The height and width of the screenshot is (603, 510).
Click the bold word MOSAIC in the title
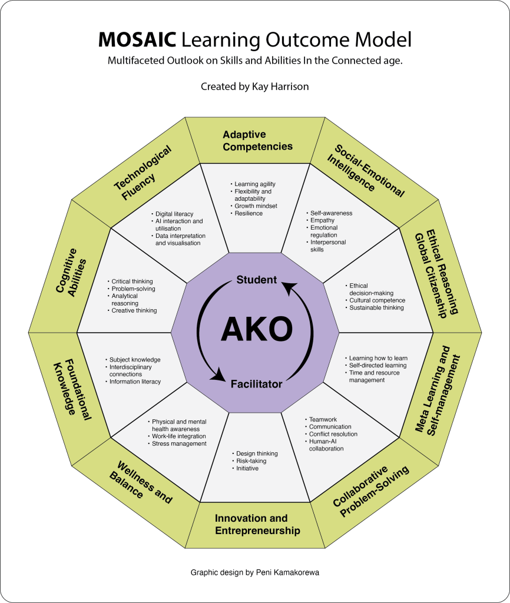[137, 39]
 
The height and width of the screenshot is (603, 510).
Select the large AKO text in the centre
[256, 329]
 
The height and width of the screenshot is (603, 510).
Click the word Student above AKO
[256, 280]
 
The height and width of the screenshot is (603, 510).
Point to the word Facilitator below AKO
[256, 384]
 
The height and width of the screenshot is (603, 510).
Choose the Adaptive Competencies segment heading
[257, 141]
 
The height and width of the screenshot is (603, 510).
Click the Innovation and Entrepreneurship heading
[257, 524]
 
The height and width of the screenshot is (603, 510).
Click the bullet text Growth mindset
[256, 206]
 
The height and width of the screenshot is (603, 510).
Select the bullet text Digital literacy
[174, 214]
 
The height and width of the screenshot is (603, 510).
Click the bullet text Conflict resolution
[333, 434]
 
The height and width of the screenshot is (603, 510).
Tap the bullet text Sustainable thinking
[377, 307]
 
